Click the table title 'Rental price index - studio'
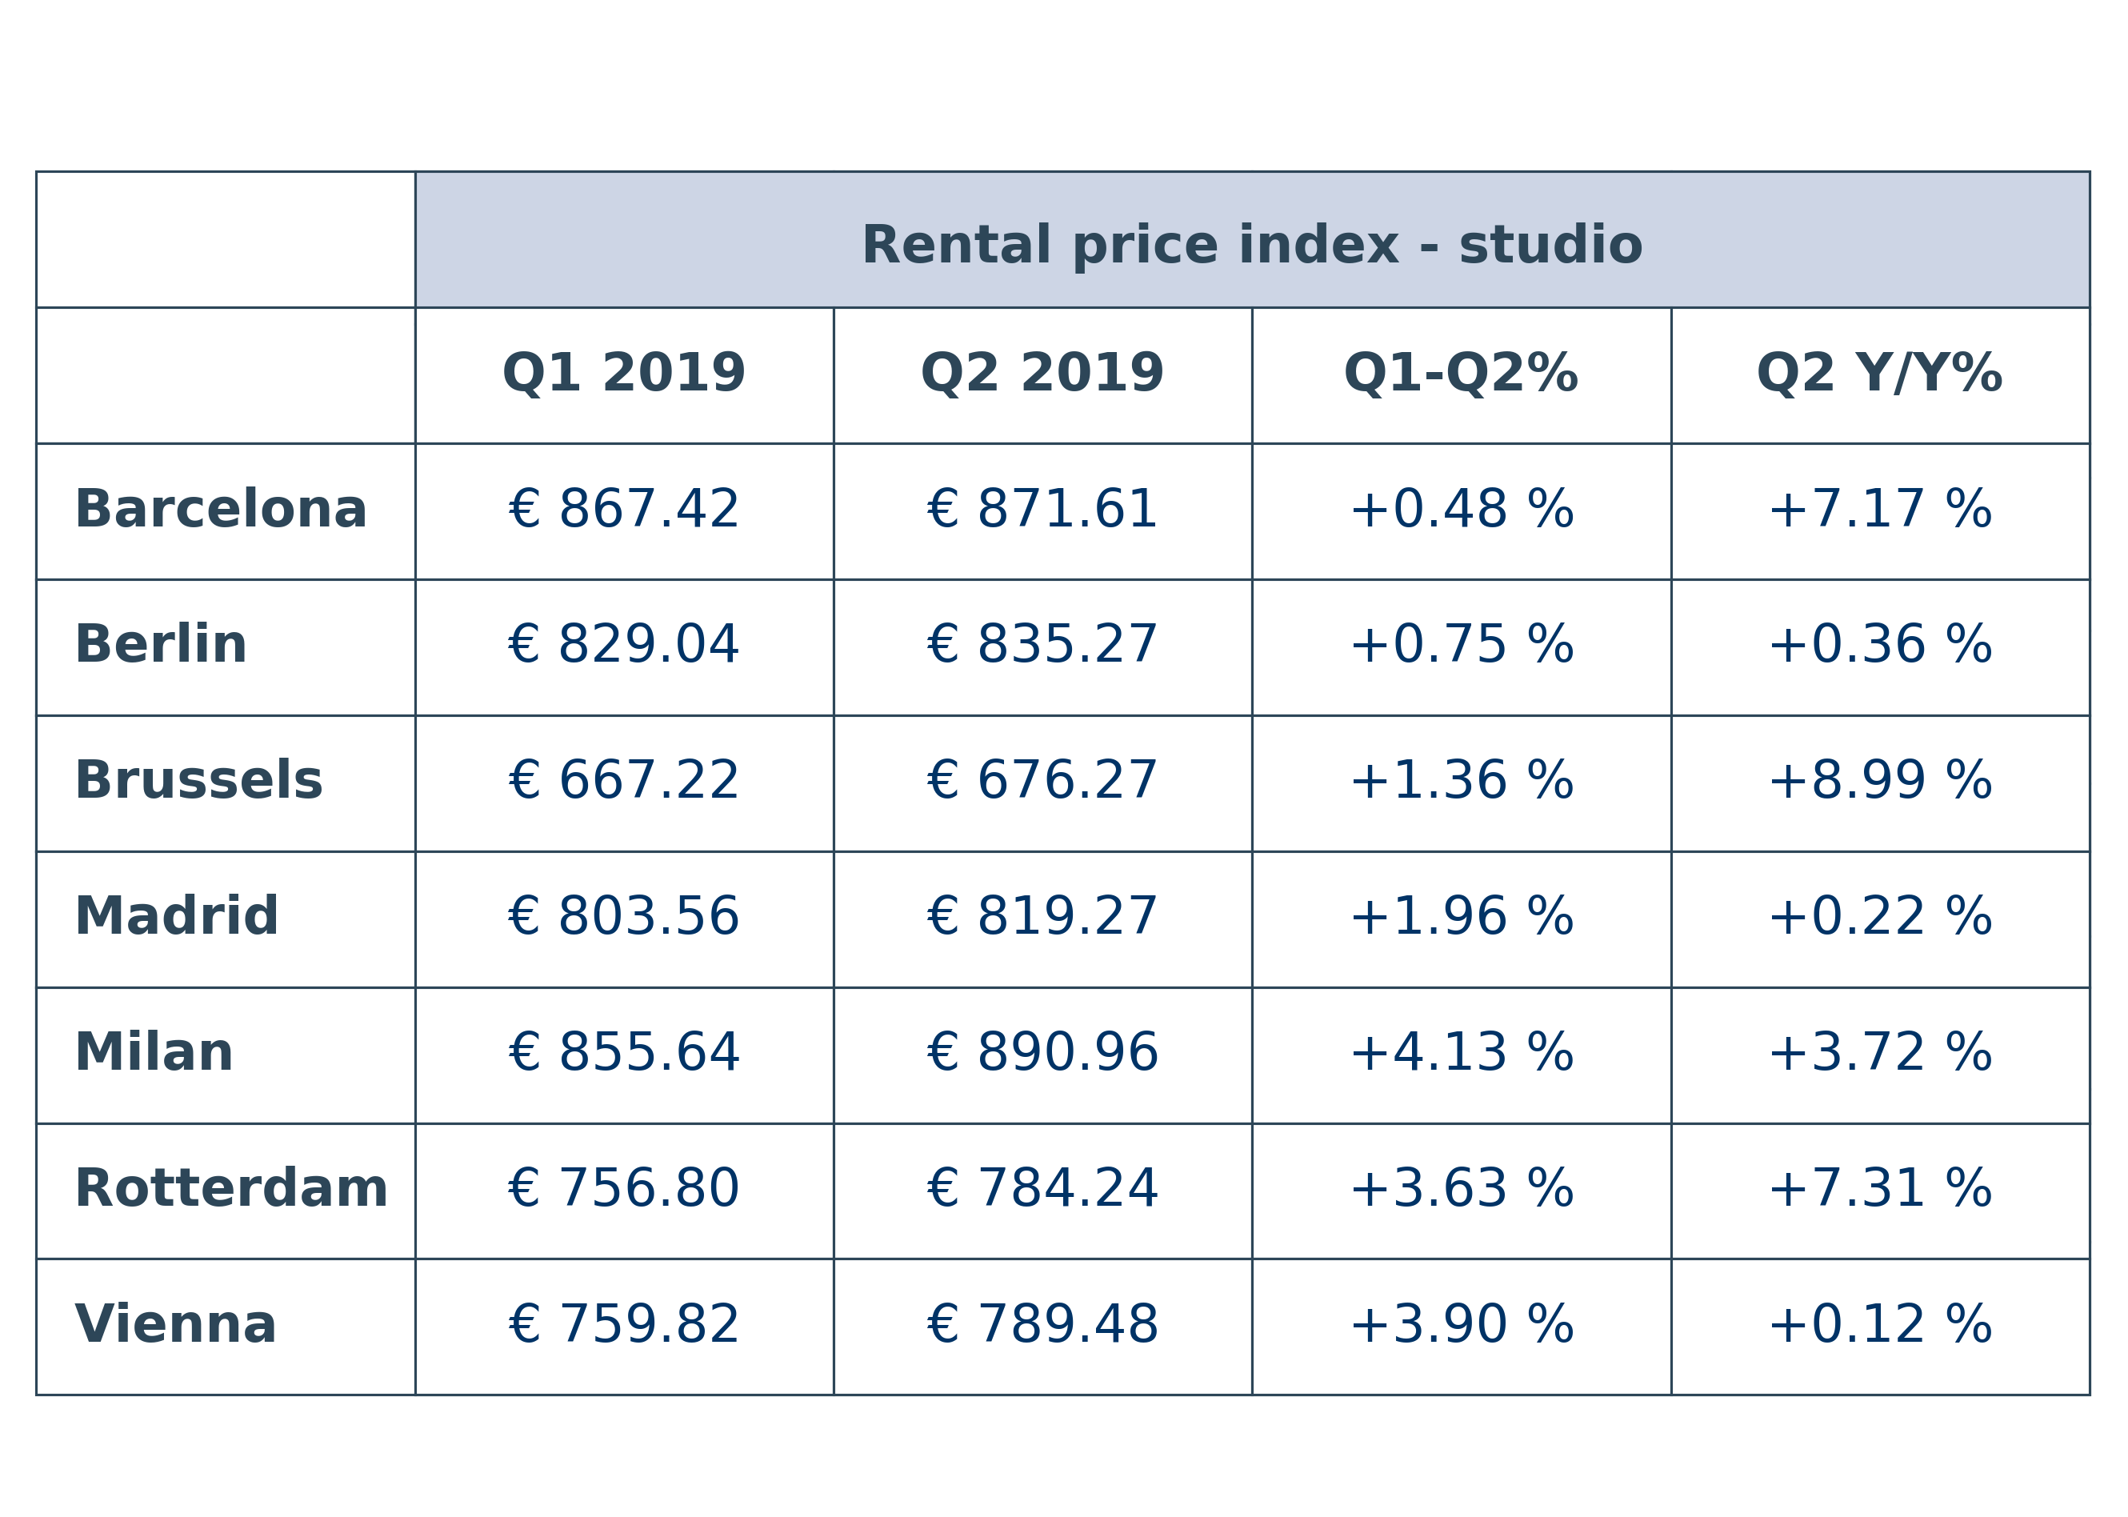tap(1251, 246)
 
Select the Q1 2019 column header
tap(624, 374)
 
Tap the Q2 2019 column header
tap(1042, 374)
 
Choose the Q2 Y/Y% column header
tap(1880, 374)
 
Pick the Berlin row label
tap(161, 646)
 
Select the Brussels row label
tap(198, 781)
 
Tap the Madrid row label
tap(177, 916)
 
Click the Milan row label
tap(153, 1053)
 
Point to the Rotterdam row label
tap(230, 1189)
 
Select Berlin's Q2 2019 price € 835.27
tap(1042, 646)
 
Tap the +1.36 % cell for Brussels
tap(1462, 781)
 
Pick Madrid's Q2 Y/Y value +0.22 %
tap(1880, 916)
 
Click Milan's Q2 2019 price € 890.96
tap(1042, 1053)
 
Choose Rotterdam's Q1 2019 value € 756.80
tap(624, 1189)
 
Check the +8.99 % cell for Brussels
tap(1880, 781)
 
